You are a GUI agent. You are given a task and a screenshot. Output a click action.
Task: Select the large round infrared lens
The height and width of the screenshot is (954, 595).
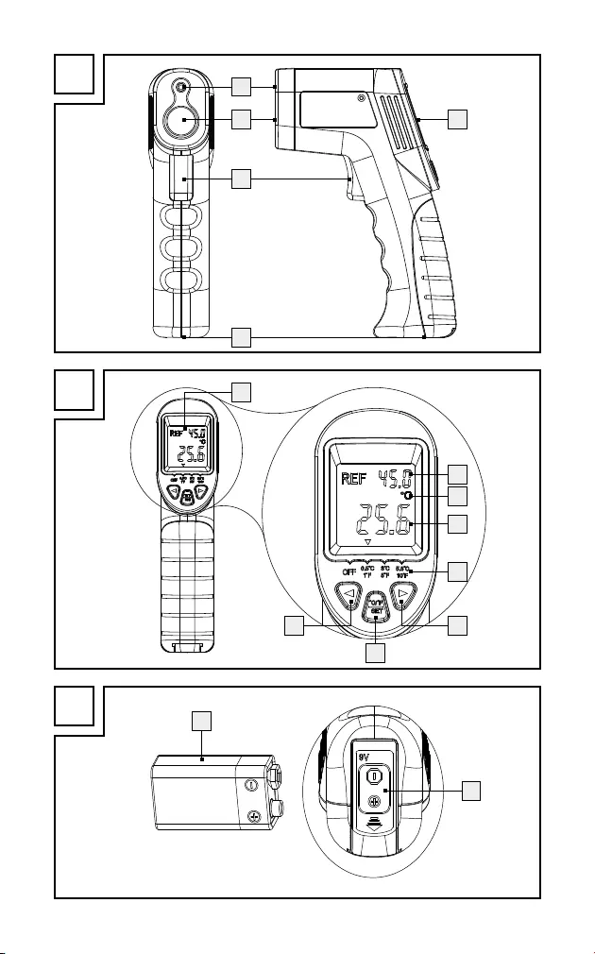click(180, 121)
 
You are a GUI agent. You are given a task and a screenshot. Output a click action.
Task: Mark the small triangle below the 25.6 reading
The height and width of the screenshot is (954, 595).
click(367, 545)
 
